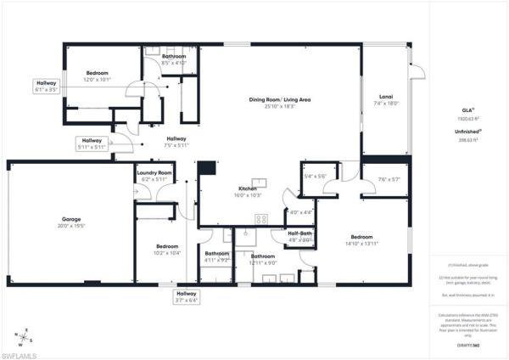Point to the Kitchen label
click(247, 188)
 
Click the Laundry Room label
click(154, 173)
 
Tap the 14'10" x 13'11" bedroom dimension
click(361, 244)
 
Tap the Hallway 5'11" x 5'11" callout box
click(92, 143)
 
